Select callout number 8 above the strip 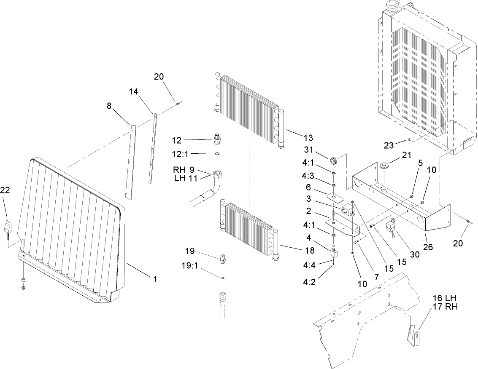109,107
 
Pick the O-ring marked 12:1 217,155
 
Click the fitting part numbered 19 222,257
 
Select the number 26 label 428,247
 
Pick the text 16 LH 445,298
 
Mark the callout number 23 389,146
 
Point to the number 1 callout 155,278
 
